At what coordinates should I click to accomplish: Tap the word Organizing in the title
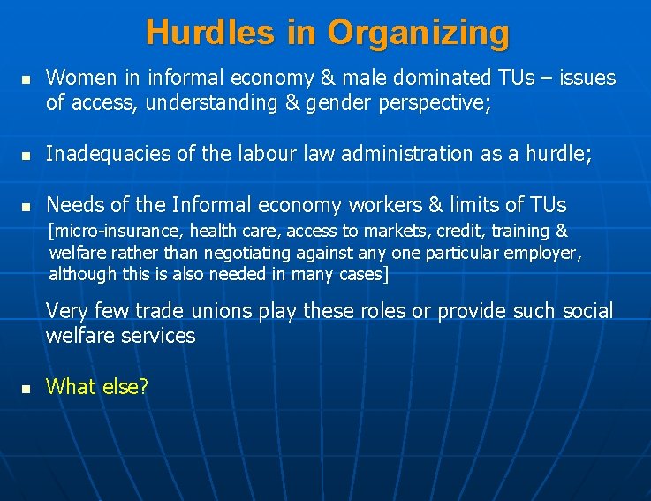[419, 34]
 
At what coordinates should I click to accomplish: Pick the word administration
[393, 154]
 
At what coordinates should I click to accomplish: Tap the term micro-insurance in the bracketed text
[101, 232]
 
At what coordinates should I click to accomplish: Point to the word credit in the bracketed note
[481, 232]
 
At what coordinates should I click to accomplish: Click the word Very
[65, 311]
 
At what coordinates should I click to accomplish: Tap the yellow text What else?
[97, 386]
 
